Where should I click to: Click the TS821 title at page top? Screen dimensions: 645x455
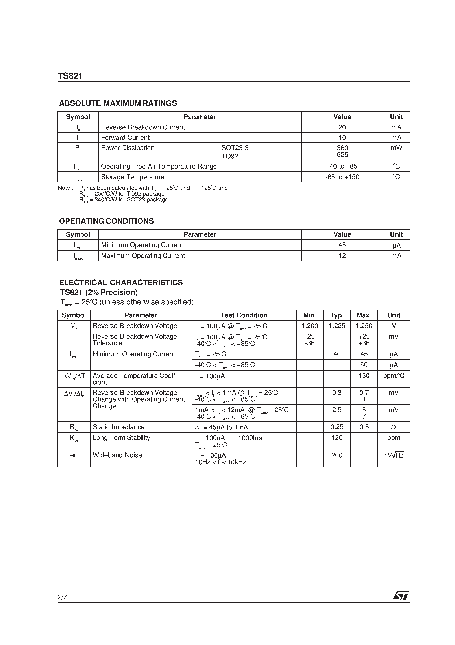coord(70,76)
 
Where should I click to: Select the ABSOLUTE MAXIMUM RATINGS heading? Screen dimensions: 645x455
coord(118,103)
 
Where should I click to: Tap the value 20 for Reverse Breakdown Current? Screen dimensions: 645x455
coord(342,127)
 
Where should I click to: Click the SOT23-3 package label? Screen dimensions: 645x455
coord(235,148)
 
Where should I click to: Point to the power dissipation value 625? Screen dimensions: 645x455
coord(342,155)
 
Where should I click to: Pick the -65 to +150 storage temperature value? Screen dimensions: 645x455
coord(342,177)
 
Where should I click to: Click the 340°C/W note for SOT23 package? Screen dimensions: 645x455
coord(123,200)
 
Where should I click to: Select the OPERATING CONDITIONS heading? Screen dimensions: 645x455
coord(106,221)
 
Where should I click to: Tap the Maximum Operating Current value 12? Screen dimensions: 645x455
coord(342,256)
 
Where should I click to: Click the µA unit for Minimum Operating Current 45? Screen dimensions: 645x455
coord(396,246)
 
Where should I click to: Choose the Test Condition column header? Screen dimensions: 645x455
coord(244,315)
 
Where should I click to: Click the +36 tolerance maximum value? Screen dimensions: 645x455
coord(364,343)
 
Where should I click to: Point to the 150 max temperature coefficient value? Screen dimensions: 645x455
coord(364,376)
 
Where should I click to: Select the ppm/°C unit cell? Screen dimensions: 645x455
coord(394,376)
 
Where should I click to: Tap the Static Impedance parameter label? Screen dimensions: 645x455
coord(118,427)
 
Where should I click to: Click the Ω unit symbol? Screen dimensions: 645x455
coord(394,427)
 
